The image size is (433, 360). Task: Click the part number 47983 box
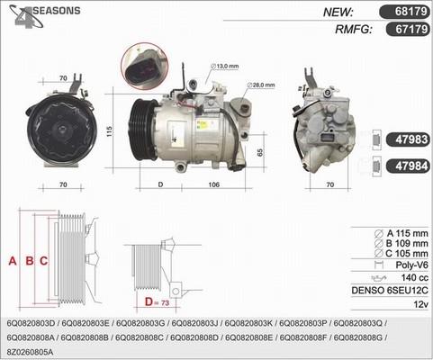410,140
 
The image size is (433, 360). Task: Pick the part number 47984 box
410,166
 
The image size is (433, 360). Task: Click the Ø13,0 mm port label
224,66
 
